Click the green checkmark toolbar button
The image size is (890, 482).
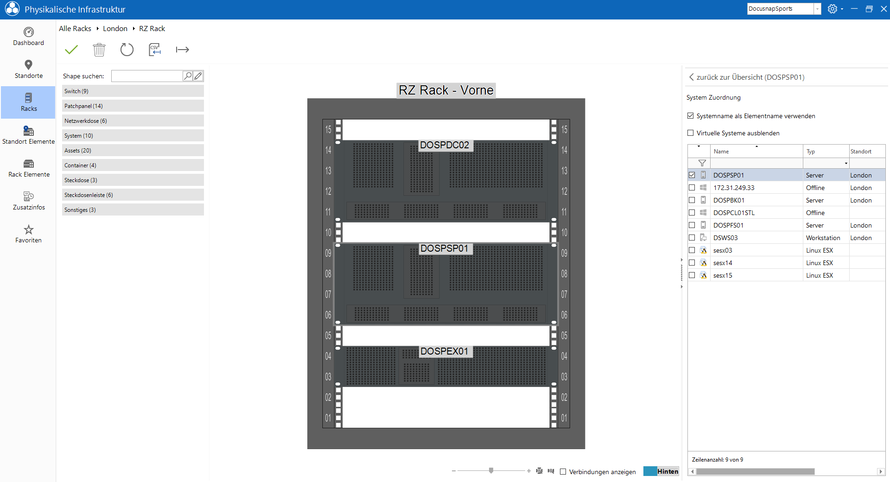point(71,50)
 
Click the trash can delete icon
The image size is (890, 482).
point(99,50)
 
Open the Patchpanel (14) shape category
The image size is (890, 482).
point(133,106)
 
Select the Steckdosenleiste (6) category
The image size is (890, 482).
point(133,195)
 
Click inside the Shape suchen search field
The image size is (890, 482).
point(147,76)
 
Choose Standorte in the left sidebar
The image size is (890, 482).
point(29,70)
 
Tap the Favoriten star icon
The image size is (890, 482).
point(29,229)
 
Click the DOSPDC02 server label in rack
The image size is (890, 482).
point(445,145)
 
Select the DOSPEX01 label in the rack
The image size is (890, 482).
point(445,351)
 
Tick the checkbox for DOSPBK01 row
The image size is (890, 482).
point(692,200)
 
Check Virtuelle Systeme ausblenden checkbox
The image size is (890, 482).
point(691,133)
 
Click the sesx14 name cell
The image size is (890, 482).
point(723,263)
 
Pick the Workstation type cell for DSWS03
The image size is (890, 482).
point(823,238)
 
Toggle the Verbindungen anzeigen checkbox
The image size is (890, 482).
point(563,472)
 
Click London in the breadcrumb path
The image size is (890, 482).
point(115,29)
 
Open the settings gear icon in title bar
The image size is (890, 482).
point(833,9)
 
